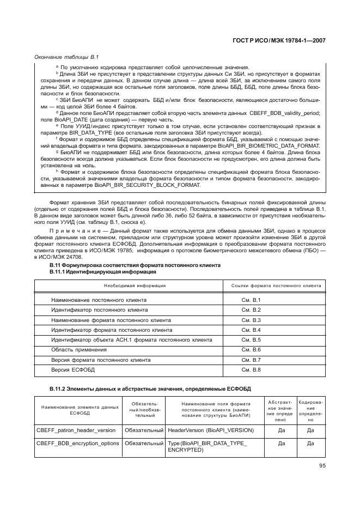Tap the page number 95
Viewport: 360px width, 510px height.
pyautogui.click(x=322, y=465)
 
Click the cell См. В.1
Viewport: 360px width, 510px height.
pyautogui.click(x=251, y=300)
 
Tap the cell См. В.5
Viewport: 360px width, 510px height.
pyautogui.click(x=251, y=339)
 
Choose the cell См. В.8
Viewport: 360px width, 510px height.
pyautogui.click(x=251, y=370)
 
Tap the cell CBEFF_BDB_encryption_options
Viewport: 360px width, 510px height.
pyautogui.click(x=77, y=443)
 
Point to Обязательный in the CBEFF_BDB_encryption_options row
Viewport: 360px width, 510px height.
pyautogui.click(x=144, y=443)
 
